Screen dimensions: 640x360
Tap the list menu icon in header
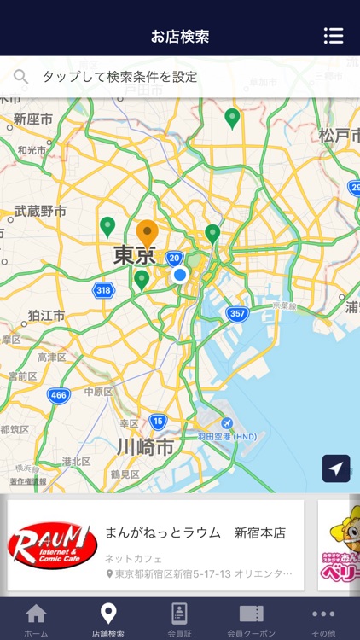click(x=334, y=36)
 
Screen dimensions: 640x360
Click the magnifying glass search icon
click(x=21, y=77)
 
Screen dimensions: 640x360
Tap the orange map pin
click(x=148, y=233)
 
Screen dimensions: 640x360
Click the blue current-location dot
click(x=180, y=275)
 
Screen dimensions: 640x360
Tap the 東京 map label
click(x=134, y=255)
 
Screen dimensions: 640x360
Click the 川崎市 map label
click(x=145, y=447)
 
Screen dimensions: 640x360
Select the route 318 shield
click(x=103, y=291)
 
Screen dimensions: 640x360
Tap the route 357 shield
click(x=237, y=314)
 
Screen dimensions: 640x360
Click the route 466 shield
click(x=58, y=395)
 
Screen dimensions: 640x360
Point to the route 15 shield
click(x=157, y=421)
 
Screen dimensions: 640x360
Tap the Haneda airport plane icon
click(x=226, y=424)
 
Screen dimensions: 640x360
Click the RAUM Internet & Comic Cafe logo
click(x=52, y=544)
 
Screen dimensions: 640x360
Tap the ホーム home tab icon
click(x=36, y=614)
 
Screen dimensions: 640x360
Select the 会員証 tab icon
click(x=179, y=614)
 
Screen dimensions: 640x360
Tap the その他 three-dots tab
click(x=323, y=614)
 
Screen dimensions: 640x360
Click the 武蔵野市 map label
click(x=40, y=211)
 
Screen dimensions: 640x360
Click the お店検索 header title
click(x=179, y=36)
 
